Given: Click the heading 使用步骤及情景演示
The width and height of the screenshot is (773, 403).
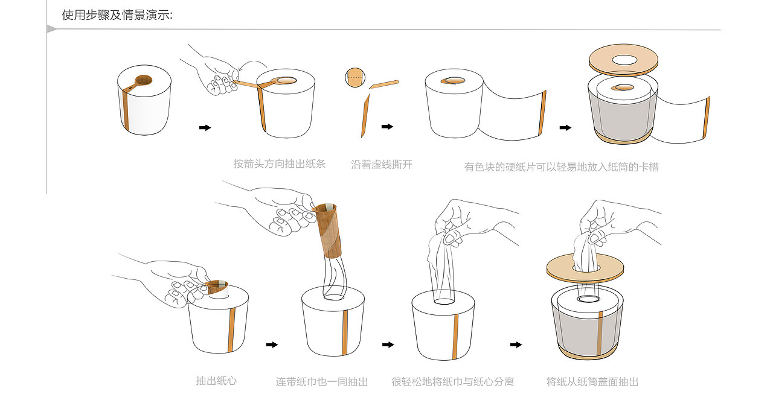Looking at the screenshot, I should pyautogui.click(x=117, y=14).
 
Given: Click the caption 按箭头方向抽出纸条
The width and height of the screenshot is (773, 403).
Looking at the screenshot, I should pyautogui.click(x=280, y=163).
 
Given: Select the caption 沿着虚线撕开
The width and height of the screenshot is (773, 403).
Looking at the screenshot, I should pyautogui.click(x=382, y=164).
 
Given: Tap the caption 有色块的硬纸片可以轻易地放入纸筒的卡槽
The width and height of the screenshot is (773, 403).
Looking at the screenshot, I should pyautogui.click(x=561, y=167).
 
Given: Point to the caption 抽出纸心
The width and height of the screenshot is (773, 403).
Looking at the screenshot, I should pyautogui.click(x=216, y=381).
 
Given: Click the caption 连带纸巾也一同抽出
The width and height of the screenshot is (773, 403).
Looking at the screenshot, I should pyautogui.click(x=322, y=382).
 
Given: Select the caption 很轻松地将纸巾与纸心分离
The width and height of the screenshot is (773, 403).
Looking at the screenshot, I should pyautogui.click(x=452, y=382).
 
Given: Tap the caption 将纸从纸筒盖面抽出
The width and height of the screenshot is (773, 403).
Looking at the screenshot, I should pyautogui.click(x=592, y=382).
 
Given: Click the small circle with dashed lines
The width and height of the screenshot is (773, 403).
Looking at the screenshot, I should pyautogui.click(x=355, y=77).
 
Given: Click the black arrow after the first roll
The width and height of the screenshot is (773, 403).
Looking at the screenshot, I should pyautogui.click(x=205, y=127).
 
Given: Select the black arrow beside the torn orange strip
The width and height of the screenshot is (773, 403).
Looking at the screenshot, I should pyautogui.click(x=387, y=127).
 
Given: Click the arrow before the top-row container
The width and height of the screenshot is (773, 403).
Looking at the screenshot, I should pyautogui.click(x=565, y=127).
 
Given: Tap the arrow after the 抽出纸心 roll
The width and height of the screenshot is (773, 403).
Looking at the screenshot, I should pyautogui.click(x=272, y=344).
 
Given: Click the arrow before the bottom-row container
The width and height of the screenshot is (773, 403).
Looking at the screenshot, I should pyautogui.click(x=516, y=344).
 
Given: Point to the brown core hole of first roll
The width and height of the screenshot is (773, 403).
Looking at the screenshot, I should pyautogui.click(x=144, y=79).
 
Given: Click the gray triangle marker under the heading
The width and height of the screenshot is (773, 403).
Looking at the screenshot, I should pyautogui.click(x=51, y=29).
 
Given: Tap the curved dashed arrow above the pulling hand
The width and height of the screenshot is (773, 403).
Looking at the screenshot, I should pyautogui.click(x=252, y=64).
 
